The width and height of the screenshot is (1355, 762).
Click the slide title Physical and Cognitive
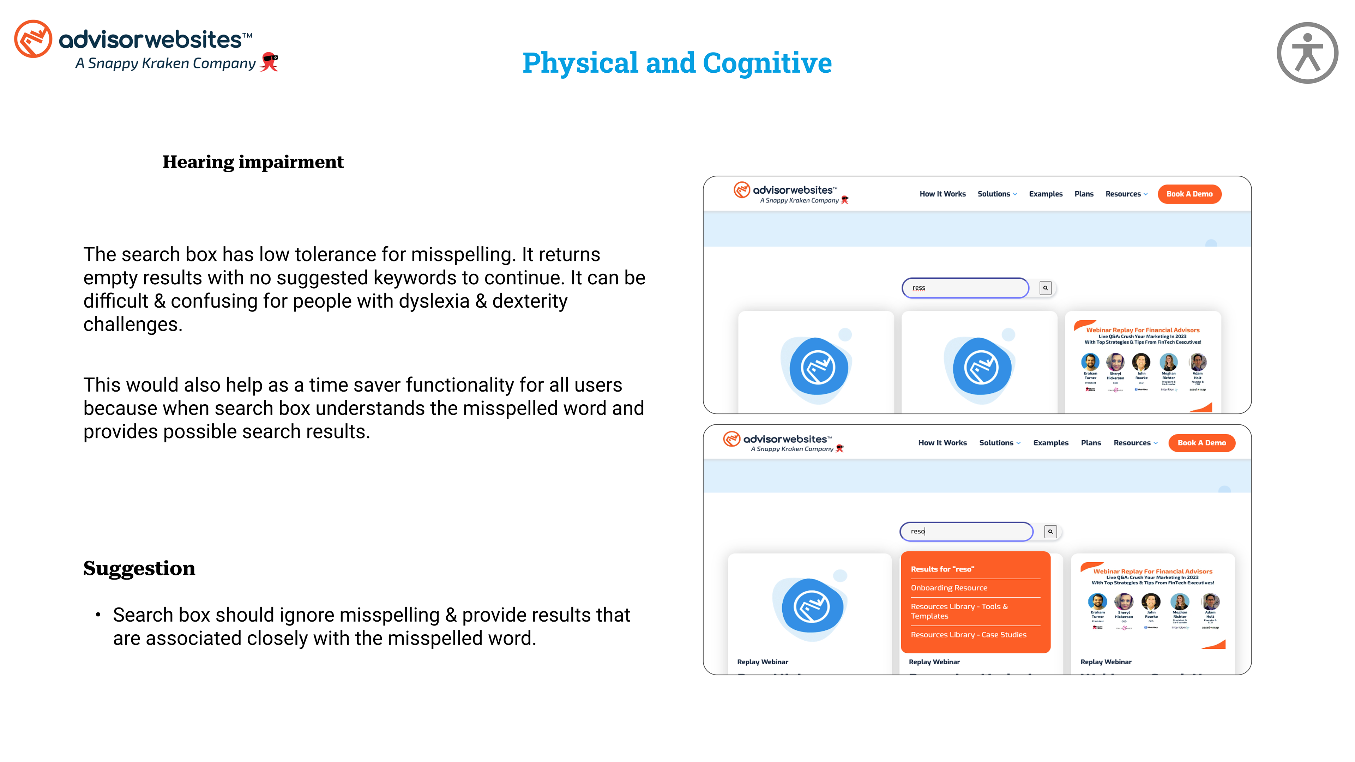tap(677, 63)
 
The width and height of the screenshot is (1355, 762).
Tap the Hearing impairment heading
tap(253, 162)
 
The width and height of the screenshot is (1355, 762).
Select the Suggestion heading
tap(139, 568)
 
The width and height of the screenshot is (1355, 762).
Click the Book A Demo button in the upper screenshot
tap(1189, 194)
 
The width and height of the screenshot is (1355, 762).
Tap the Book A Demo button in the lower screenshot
tap(1202, 443)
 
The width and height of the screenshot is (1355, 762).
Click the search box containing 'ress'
tap(965, 288)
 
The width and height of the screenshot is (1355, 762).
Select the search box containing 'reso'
tap(966, 531)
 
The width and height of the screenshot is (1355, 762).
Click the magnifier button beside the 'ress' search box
tap(1045, 288)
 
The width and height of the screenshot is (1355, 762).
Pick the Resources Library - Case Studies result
tap(968, 635)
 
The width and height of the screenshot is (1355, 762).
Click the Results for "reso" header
tap(942, 569)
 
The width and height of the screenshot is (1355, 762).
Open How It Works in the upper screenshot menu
tap(942, 194)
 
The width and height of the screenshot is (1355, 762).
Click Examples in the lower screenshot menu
tap(1050, 443)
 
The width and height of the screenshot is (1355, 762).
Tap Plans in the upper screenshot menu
tap(1084, 194)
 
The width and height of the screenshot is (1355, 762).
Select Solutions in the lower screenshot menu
tap(996, 443)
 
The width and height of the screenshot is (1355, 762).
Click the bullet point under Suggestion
tap(98, 615)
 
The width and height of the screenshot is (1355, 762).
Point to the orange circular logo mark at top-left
tap(33, 39)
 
